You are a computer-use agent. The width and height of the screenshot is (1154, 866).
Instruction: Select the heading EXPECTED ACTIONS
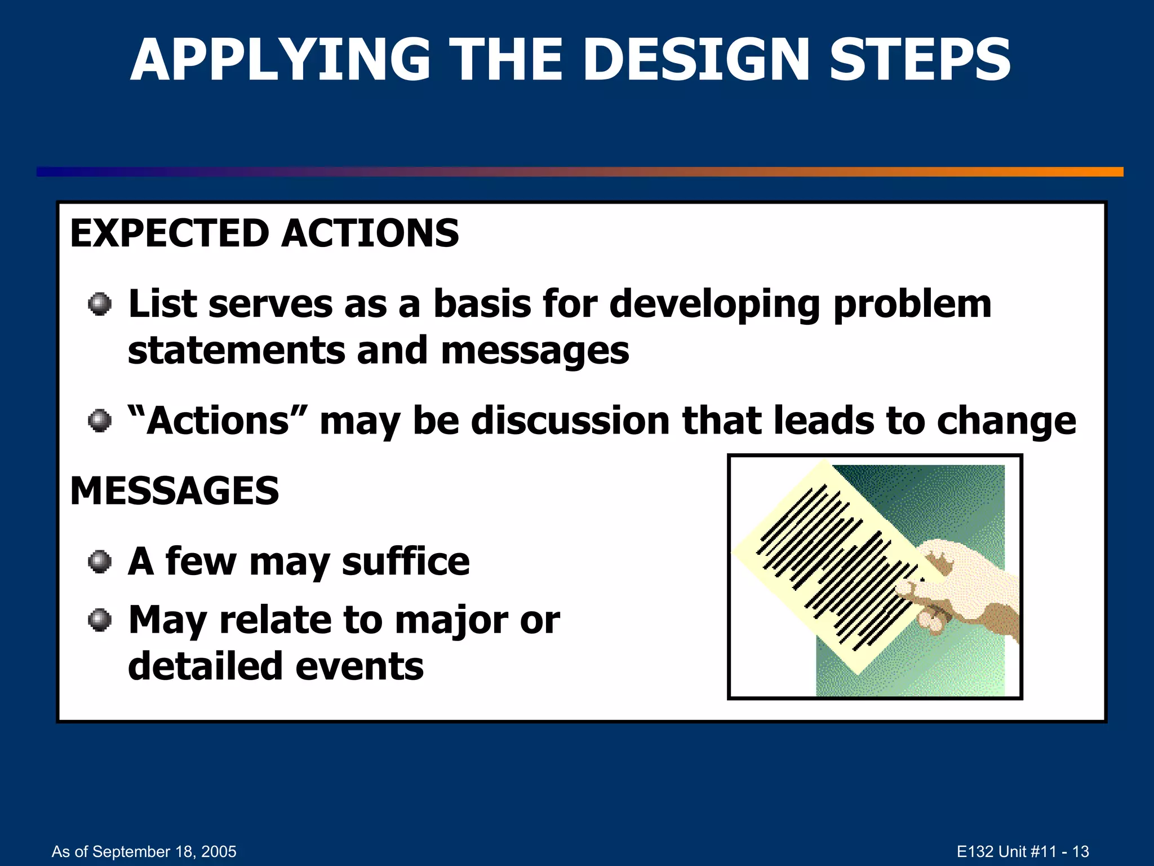coord(264,233)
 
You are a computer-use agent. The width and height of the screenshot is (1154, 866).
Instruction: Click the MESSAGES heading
coord(175,491)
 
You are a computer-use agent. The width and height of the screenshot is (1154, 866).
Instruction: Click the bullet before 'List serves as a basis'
coord(100,304)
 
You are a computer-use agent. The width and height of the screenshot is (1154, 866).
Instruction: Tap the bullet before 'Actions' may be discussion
coord(100,421)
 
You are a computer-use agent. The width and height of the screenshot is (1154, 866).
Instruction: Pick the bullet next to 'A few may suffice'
coord(100,562)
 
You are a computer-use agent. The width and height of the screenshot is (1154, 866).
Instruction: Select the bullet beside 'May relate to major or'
coord(100,620)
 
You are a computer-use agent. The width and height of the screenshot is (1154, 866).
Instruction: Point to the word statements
coord(236,351)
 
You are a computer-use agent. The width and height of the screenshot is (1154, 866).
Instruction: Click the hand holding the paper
coord(969,586)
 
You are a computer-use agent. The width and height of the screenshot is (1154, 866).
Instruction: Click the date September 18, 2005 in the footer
coord(164,851)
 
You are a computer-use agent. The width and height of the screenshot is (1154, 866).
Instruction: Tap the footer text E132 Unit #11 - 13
coord(1023,851)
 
